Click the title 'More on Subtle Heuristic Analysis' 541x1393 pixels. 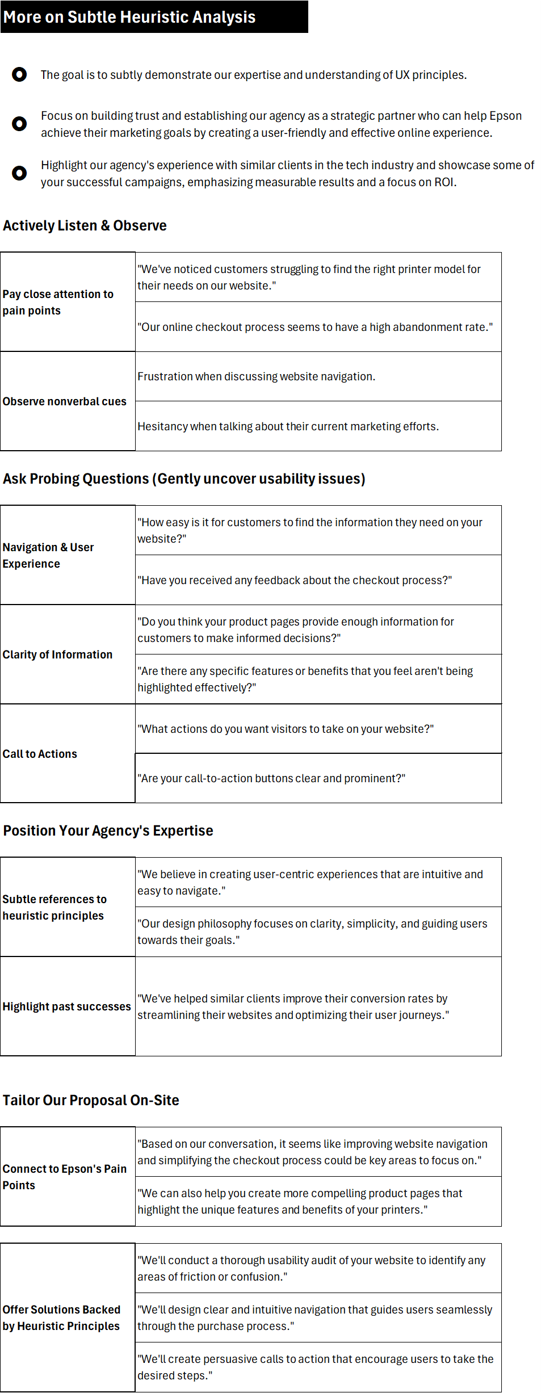point(129,17)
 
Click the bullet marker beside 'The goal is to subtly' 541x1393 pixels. point(19,74)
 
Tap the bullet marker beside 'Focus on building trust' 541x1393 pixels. point(19,124)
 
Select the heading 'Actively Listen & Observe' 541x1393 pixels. point(85,226)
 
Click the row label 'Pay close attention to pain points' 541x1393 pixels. point(58,302)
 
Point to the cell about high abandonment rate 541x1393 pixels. point(314,327)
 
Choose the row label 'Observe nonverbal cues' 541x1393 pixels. point(64,401)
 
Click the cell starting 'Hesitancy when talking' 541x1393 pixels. point(288,426)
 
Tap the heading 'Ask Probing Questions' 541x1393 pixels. point(184,479)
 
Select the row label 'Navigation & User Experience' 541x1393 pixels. point(48,555)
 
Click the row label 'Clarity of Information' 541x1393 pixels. point(57,654)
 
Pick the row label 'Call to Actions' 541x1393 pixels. point(40,754)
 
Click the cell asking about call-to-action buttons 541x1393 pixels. point(271,778)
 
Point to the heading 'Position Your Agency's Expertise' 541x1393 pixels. point(108,831)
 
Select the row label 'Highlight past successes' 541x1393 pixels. point(66,1006)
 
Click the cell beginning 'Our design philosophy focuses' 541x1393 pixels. point(312,932)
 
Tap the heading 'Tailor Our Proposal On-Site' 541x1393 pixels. point(91,1101)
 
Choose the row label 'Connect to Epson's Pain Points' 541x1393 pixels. point(64,1177)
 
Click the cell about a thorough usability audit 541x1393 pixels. point(311,1268)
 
